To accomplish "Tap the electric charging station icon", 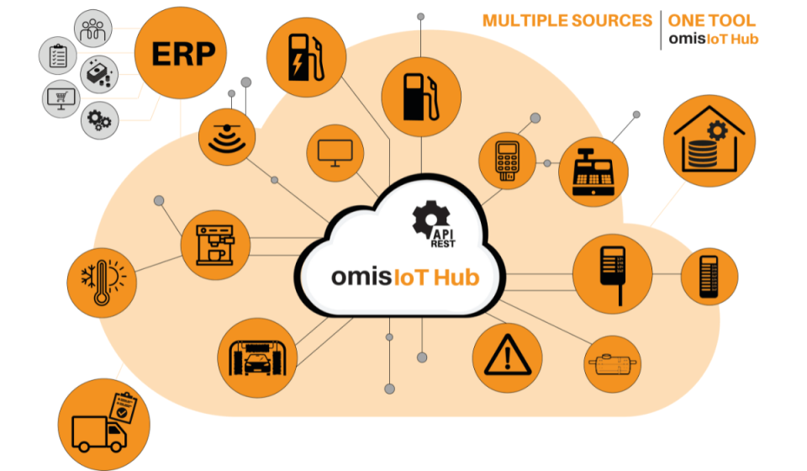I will [x=300, y=57].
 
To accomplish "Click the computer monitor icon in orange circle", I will [x=335, y=154].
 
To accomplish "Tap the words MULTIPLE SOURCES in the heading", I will [x=567, y=21].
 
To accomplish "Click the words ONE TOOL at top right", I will [x=711, y=21].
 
